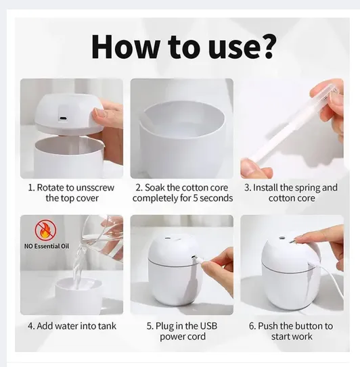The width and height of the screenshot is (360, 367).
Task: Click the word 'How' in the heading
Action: point(125,47)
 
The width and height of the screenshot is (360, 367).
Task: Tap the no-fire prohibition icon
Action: point(45,230)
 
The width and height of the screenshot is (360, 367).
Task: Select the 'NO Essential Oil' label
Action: point(47,246)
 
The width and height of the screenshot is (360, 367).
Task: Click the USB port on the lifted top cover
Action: point(62,118)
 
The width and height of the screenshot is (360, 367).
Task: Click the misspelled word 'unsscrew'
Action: point(95,188)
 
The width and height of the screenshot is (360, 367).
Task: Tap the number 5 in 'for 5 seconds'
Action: point(196,198)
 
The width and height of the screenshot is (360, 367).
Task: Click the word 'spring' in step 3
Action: point(307,188)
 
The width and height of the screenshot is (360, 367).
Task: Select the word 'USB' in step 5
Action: point(208,326)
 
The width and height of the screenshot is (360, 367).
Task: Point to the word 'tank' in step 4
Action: point(107,326)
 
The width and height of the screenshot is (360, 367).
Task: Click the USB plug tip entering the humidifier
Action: point(194,258)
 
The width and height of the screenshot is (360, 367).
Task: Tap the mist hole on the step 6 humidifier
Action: point(282,239)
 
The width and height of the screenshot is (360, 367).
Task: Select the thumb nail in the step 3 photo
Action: point(246,166)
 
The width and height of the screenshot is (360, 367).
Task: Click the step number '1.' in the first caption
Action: point(31,188)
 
